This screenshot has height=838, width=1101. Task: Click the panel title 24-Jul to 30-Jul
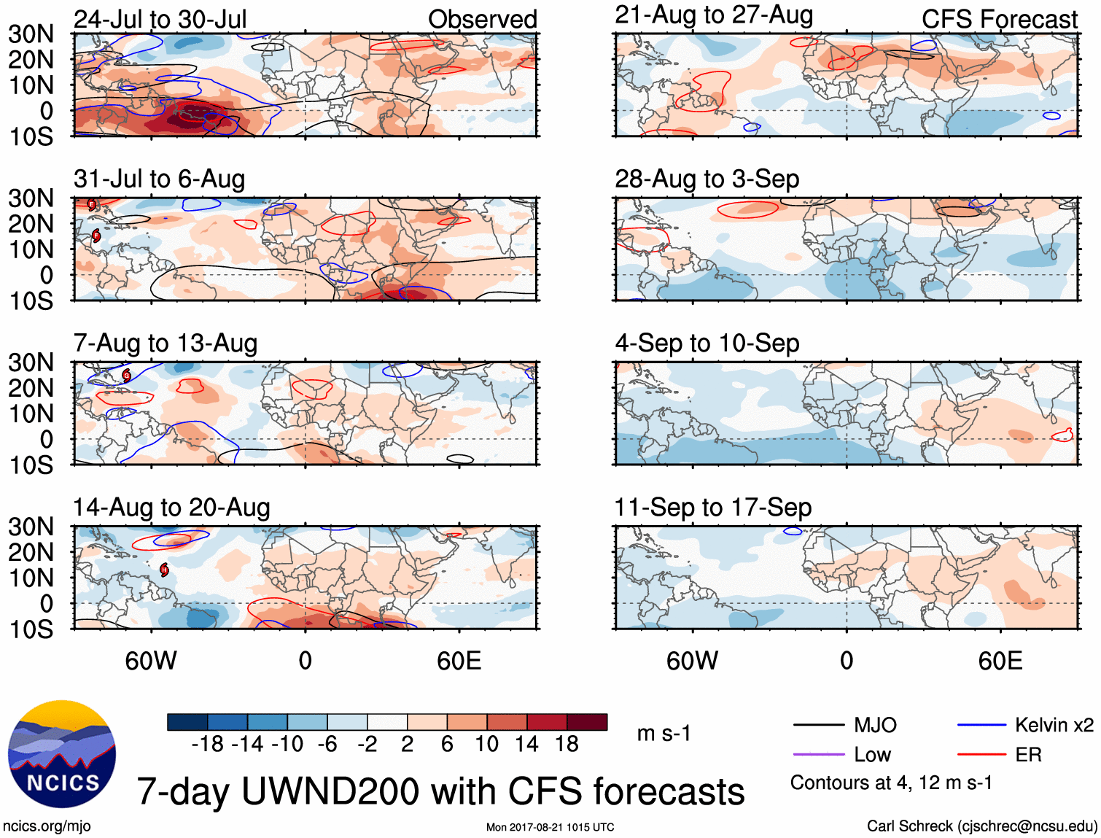pos(160,20)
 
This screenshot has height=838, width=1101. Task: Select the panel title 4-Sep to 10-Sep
pos(707,344)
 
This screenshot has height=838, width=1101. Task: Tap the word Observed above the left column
pos(482,20)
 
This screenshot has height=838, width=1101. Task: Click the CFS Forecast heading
pos(999,20)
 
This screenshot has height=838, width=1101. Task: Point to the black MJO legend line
pos(819,725)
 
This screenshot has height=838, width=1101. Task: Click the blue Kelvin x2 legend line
pos(981,725)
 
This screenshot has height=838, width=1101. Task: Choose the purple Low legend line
pos(819,755)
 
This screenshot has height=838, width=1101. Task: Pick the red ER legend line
pos(981,755)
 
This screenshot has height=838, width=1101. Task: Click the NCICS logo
pos(62,754)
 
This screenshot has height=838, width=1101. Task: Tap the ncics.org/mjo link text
pos(47,826)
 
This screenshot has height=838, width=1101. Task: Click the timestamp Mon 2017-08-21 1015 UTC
pos(550,827)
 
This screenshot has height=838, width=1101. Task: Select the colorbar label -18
pos(207,744)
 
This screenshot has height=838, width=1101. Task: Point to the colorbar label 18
pos(567,744)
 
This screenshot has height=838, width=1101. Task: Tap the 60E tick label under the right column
pos(1000,662)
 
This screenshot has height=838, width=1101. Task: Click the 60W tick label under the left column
pos(151,662)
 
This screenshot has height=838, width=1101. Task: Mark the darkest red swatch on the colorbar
pos(587,722)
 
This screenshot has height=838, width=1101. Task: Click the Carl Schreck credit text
pos(981,826)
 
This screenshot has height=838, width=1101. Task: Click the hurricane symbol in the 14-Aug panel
pos(165,570)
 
